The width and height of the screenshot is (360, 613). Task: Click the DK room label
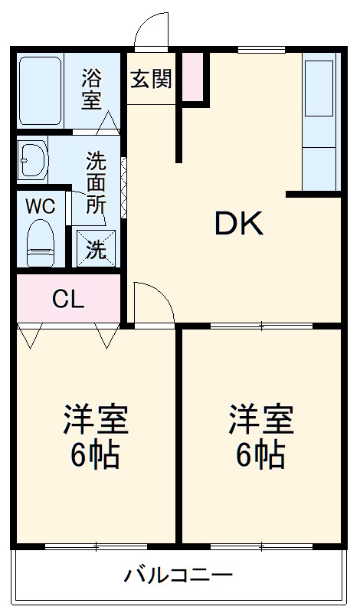pos(238,223)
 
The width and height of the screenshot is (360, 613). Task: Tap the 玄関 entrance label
pos(151,79)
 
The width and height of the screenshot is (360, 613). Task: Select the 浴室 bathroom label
pos(92,89)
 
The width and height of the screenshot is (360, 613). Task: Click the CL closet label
pos(67,300)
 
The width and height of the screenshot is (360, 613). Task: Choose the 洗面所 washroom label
pos(96,182)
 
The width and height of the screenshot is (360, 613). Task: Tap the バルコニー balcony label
pos(178,575)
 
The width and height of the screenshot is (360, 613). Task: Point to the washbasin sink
pos(32,159)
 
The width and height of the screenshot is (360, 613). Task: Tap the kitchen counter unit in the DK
pos(320,122)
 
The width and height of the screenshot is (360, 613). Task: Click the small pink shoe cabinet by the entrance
pos(193,77)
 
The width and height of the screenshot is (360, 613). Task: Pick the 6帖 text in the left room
pos(96,455)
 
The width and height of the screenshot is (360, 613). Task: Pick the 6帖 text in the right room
pos(261,455)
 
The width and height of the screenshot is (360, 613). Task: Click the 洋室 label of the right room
pos(261,420)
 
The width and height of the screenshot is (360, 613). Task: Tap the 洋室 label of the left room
pos(96,420)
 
